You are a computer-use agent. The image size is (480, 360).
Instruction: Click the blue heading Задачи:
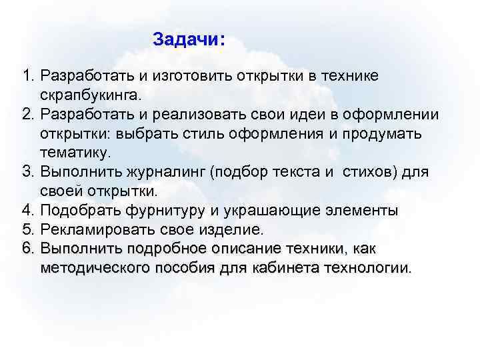coord(189,39)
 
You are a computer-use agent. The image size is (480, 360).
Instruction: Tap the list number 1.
coord(27,76)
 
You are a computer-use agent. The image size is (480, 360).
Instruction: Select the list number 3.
coord(27,173)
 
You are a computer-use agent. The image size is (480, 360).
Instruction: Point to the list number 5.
coord(27,230)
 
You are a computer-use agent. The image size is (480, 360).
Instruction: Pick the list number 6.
coord(27,249)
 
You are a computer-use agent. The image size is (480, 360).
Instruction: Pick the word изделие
coord(235,230)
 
